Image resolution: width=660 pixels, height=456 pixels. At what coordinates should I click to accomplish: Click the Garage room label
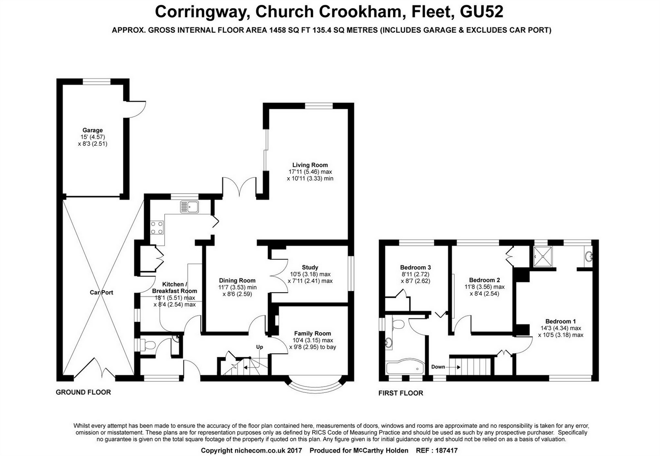coord(92,130)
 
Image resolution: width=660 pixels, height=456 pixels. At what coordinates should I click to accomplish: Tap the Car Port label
coord(101,293)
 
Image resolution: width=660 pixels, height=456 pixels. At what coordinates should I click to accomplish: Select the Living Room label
coord(310,165)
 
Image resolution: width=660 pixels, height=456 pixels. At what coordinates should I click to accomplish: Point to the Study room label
coord(310,267)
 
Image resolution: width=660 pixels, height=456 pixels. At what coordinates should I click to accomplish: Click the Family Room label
coord(312,333)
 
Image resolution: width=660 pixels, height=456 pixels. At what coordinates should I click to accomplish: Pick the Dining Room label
coord(237,280)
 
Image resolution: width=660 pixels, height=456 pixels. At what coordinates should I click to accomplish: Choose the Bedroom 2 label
coord(484,280)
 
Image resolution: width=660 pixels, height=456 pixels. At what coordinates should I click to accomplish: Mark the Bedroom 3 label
coord(416,267)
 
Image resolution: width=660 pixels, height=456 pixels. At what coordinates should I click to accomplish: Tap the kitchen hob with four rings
coord(157,228)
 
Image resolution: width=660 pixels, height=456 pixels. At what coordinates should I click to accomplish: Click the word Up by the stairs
coord(260,347)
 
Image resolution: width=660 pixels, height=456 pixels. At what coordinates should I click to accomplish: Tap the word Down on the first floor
coord(438,367)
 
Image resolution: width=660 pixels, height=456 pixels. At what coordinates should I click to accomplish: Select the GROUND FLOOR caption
coord(83,392)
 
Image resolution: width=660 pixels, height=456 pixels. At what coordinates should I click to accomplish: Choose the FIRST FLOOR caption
coord(400,393)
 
